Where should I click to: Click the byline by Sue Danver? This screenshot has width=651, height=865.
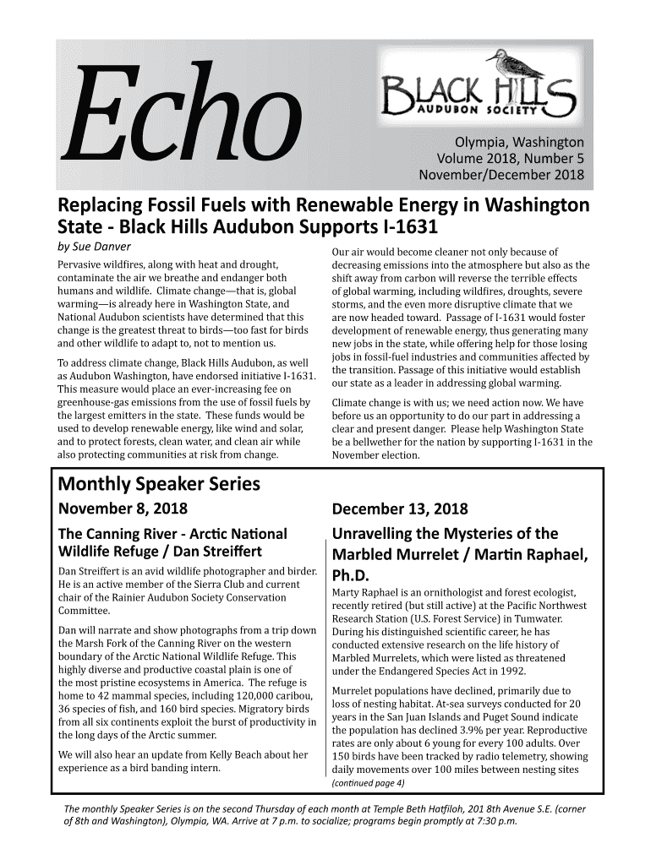pyautogui.click(x=93, y=247)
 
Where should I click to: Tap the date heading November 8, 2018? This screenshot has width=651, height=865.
pyautogui.click(x=122, y=509)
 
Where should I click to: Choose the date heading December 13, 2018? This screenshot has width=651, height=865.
pyautogui.click(x=401, y=509)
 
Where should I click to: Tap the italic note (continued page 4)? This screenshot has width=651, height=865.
pyautogui.click(x=369, y=782)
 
